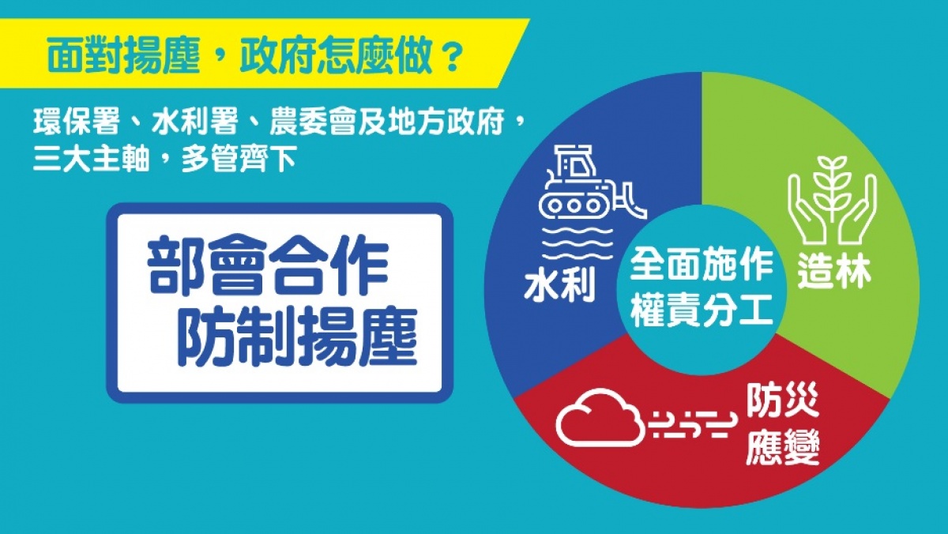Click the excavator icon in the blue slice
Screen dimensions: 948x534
coord(592,183)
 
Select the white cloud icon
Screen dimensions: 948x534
coord(600,419)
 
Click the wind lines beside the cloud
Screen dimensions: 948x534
coord(692,423)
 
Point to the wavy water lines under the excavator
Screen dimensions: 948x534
coord(577,243)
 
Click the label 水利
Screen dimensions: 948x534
coord(559,286)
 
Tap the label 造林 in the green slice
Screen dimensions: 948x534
coord(834,272)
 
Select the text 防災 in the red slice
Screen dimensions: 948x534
coord(783,400)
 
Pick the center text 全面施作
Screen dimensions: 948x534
coord(702,265)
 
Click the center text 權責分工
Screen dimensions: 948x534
coord(702,312)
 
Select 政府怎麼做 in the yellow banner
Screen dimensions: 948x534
coord(336,57)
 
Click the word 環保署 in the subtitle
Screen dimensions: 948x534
coord(77,122)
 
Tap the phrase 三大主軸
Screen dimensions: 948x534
coord(92,160)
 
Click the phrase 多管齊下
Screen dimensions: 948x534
coord(239,160)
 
